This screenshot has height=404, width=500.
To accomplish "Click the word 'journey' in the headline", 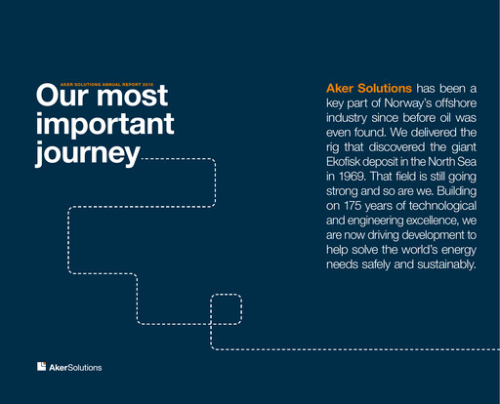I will click(88, 153).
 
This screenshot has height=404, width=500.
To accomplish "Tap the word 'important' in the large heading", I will click(104, 125).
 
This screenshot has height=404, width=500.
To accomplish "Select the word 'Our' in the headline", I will click(63, 98).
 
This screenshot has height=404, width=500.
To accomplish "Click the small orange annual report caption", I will click(102, 85).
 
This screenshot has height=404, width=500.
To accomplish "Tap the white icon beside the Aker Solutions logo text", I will click(41, 367).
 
